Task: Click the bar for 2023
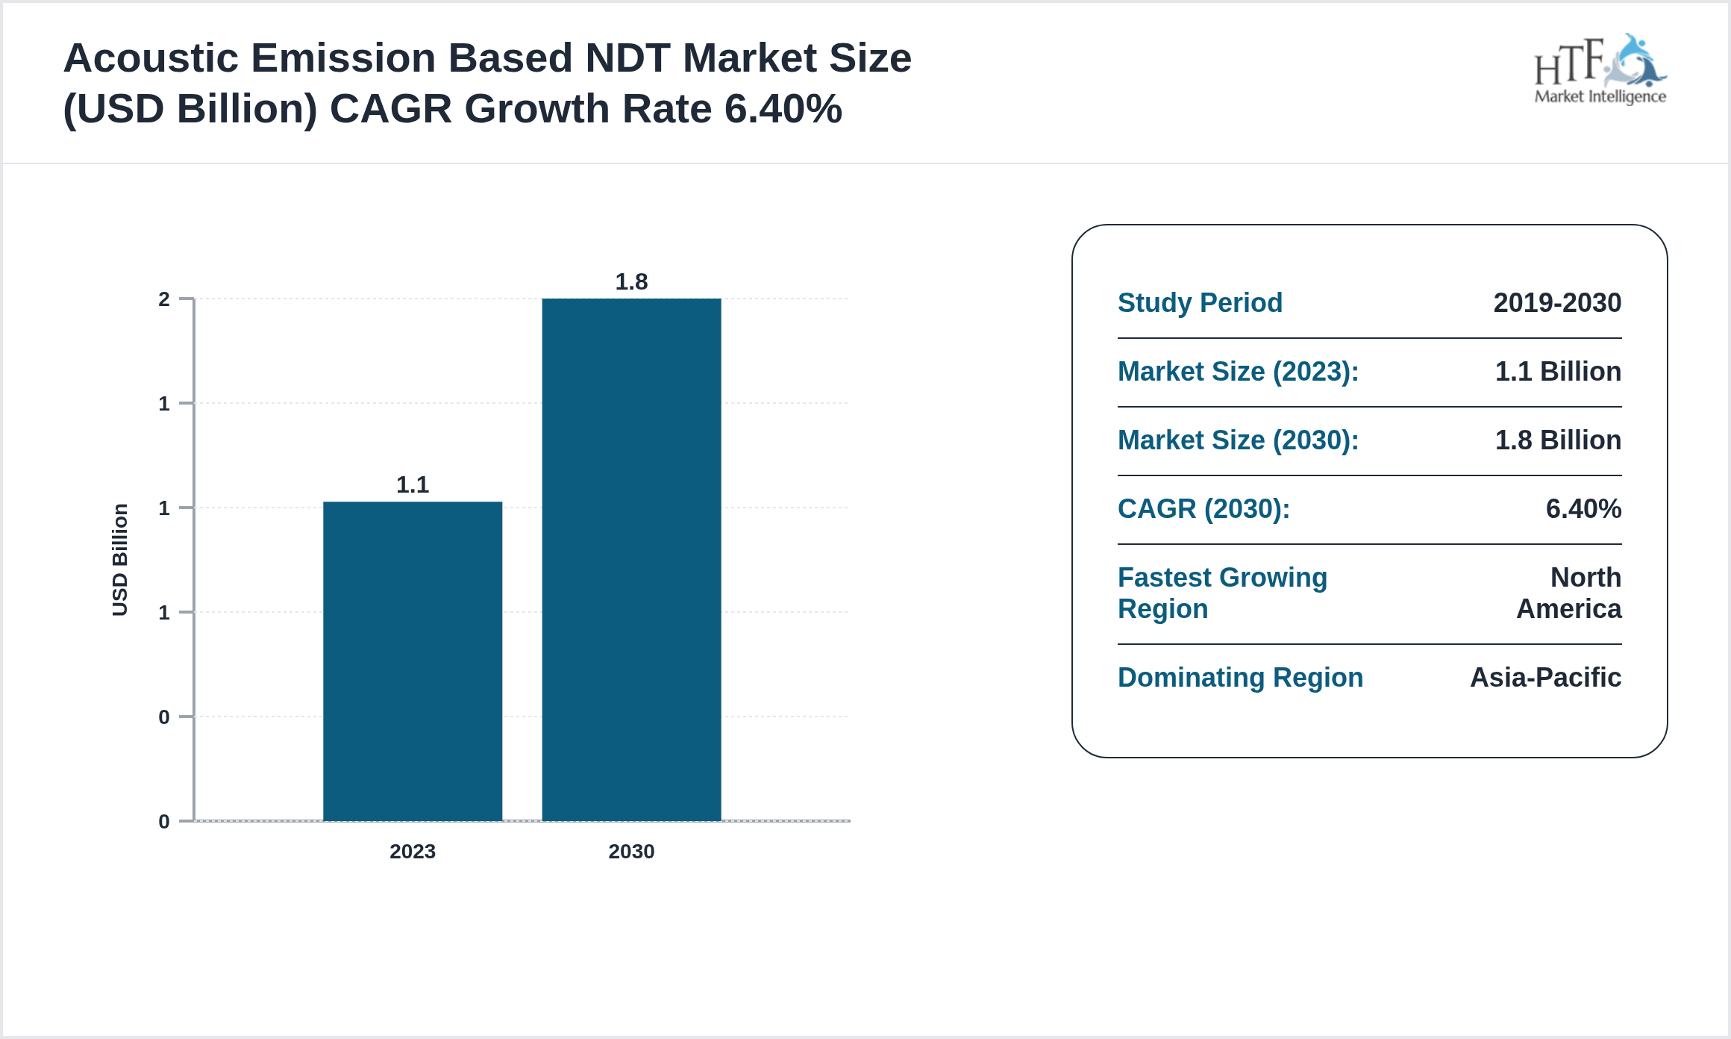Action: (413, 661)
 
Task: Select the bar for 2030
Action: (631, 560)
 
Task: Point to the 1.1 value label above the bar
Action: (413, 484)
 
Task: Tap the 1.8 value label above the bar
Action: (631, 281)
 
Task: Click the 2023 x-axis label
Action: (413, 851)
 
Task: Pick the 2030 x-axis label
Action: (631, 851)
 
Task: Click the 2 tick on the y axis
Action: (164, 299)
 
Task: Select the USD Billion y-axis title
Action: (120, 560)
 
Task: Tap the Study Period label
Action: (1200, 302)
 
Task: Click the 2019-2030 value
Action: (1557, 302)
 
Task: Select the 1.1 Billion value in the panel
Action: (1558, 371)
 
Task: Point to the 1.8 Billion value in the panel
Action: (1558, 440)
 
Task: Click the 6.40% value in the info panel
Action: (1583, 508)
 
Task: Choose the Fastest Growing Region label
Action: (1222, 593)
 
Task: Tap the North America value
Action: (1570, 593)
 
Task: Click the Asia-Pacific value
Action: (1545, 677)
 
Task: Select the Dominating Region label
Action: (1240, 677)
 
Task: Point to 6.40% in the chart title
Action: (783, 109)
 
